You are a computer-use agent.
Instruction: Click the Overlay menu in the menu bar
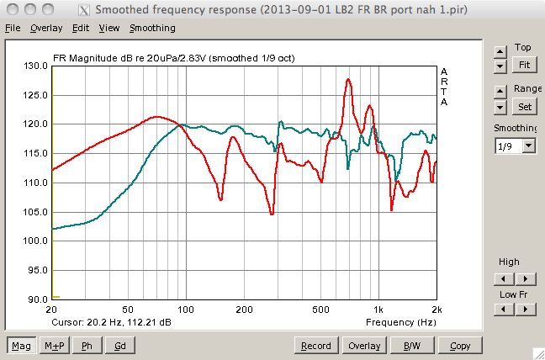[x=46, y=28]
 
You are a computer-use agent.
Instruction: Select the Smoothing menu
[x=152, y=28]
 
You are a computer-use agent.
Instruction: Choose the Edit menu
[x=81, y=28]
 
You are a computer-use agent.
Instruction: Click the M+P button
[x=55, y=346]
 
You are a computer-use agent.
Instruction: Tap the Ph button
[x=87, y=346]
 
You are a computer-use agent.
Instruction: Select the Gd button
[x=119, y=346]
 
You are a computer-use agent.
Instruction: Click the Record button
[x=316, y=346]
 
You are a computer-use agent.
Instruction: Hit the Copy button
[x=459, y=346]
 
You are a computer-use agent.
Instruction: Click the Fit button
[x=524, y=64]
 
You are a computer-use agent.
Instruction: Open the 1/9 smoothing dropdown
[x=516, y=146]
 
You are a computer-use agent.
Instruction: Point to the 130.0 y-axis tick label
[x=34, y=66]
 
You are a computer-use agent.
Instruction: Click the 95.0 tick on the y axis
[x=34, y=270]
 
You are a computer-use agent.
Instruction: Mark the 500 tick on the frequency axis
[x=320, y=310]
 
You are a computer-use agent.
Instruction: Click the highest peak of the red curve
[x=347, y=80]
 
